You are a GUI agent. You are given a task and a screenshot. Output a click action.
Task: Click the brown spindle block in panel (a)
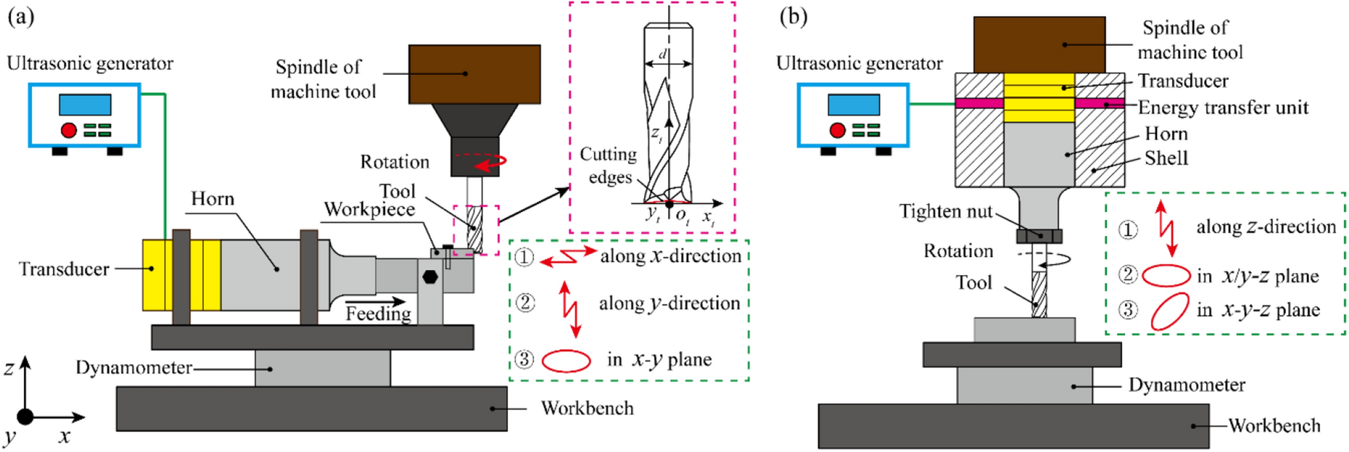(474, 74)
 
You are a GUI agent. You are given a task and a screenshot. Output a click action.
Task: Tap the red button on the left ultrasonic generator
(68, 130)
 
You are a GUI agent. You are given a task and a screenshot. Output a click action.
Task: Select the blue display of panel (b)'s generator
(853, 105)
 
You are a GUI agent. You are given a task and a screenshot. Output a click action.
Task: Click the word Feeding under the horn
(378, 314)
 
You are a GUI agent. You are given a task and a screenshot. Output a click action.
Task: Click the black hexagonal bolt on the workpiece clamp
(430, 277)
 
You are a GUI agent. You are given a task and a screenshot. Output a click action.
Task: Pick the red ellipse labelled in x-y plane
(566, 360)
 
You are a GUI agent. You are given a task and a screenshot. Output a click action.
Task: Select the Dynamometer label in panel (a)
(134, 368)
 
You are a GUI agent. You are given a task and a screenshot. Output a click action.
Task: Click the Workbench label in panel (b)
(1274, 426)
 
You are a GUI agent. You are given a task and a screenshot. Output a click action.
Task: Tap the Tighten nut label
(945, 212)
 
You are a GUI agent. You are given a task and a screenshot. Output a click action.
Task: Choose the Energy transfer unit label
(1223, 108)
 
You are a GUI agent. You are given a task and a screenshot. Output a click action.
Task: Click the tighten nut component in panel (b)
(1039, 235)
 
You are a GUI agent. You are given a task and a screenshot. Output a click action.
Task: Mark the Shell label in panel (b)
(1166, 158)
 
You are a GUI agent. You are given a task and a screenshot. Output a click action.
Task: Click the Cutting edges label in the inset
(609, 166)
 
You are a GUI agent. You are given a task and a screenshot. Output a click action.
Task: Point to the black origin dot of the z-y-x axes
(25, 417)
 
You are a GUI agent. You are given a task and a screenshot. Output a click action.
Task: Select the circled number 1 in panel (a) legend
(524, 257)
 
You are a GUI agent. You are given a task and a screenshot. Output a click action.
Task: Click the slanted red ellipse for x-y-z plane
(1169, 311)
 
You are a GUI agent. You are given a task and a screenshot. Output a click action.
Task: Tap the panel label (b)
(793, 17)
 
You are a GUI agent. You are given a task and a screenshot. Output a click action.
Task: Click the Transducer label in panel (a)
(64, 269)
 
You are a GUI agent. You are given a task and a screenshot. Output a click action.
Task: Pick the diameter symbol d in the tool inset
(663, 54)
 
